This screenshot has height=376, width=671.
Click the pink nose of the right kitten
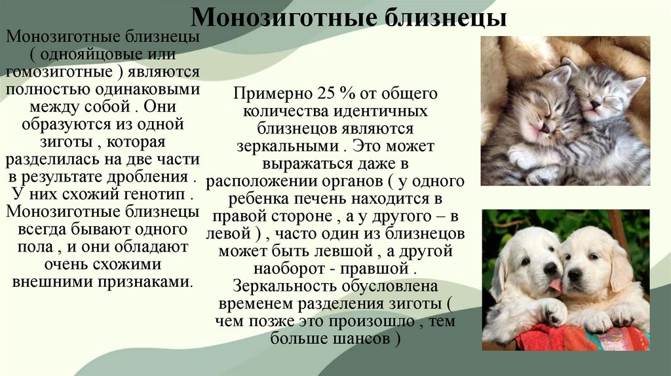point(594,103)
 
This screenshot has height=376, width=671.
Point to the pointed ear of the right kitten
point(634,85)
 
